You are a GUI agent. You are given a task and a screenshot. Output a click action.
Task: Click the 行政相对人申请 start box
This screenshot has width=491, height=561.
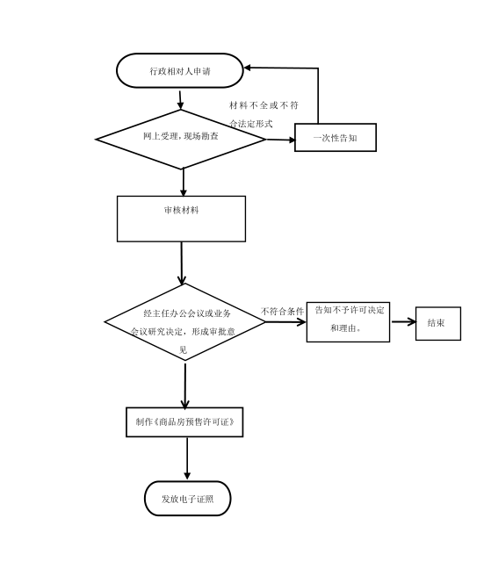[180, 70]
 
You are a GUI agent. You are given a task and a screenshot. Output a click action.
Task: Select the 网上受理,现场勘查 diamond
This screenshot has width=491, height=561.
[181, 139]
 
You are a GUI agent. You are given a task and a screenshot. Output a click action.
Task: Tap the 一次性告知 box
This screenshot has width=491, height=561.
[336, 137]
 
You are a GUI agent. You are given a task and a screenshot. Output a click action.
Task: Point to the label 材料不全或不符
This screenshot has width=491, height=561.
[264, 105]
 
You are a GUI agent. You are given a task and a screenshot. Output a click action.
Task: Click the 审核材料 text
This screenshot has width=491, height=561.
[181, 210]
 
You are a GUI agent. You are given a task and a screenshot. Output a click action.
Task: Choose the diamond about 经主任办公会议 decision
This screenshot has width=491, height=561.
[185, 321]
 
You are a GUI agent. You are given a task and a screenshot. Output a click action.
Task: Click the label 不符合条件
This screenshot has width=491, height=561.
[282, 312]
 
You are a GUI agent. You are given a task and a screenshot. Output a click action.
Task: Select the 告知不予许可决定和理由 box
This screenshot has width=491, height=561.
[348, 321]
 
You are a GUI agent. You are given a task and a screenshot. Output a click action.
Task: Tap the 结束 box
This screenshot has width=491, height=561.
[438, 323]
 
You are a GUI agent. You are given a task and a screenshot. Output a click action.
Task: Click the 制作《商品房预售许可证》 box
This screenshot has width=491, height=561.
[184, 421]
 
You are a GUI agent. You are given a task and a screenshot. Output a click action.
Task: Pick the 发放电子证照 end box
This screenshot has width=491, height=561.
[187, 499]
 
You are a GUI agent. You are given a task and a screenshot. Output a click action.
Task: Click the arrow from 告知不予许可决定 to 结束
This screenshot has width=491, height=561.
[403, 321]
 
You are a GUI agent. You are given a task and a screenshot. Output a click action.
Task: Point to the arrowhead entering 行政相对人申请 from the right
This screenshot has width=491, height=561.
[248, 68]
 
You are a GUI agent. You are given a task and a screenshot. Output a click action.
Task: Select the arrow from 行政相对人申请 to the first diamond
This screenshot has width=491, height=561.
[180, 100]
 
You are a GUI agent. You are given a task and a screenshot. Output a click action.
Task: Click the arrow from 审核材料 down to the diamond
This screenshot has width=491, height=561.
[182, 263]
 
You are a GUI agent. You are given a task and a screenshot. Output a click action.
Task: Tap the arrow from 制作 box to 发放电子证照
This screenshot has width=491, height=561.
[187, 458]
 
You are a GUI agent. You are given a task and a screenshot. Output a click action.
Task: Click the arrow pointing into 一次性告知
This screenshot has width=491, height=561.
[280, 140]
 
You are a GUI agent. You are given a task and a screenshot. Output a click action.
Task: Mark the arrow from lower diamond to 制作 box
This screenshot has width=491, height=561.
[185, 385]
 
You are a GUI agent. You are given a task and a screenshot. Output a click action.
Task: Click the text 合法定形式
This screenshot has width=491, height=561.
[251, 124]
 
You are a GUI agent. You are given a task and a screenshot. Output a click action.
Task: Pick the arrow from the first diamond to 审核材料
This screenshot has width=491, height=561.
[184, 182]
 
